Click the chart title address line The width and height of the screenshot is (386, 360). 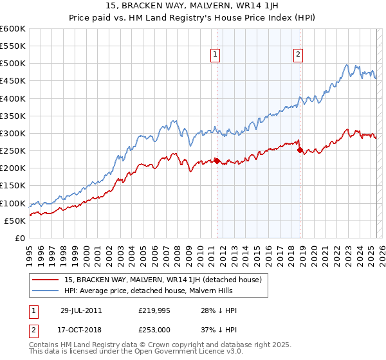(x=193, y=7)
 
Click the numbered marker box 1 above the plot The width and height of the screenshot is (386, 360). (x=215, y=55)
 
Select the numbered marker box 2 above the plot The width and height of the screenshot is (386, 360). (x=298, y=55)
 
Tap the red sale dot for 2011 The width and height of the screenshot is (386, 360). (x=217, y=161)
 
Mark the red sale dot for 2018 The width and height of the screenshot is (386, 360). (x=300, y=150)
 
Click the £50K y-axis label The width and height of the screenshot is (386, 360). (x=15, y=221)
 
